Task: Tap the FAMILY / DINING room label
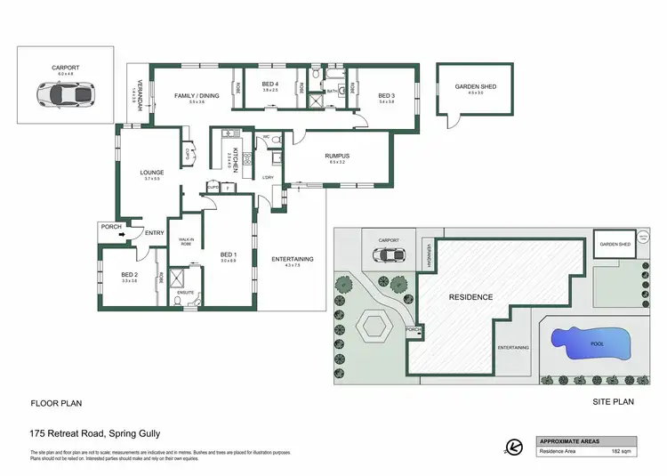(x=196, y=95)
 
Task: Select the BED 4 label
(x=270, y=85)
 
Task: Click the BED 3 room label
(x=385, y=95)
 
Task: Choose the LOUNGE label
(x=150, y=173)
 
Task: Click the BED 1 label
(x=229, y=254)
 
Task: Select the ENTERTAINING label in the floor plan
(x=292, y=259)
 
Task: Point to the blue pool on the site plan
(x=590, y=341)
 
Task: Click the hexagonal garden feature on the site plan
(x=373, y=327)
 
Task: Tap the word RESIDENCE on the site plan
(x=470, y=296)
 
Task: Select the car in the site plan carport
(x=391, y=254)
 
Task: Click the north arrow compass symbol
(x=511, y=447)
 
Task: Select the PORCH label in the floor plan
(x=111, y=226)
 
